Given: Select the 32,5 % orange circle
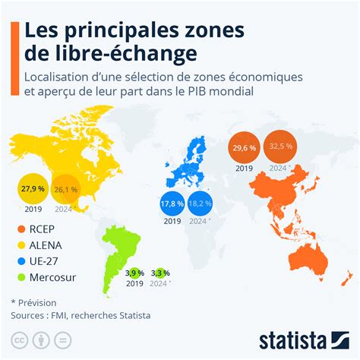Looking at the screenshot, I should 281,146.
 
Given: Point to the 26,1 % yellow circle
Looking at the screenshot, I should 66,190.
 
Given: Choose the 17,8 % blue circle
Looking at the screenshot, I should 172,204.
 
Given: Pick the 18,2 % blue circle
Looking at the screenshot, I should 200,204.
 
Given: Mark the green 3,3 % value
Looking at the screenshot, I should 160,273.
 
